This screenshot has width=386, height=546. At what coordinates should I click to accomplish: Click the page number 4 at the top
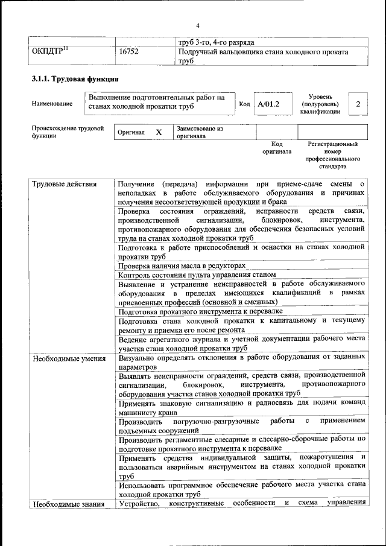[x=197, y=25]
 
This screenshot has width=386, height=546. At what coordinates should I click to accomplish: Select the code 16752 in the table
[x=129, y=52]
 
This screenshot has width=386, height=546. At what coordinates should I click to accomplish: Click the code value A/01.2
[x=268, y=104]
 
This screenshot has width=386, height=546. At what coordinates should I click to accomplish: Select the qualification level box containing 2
[x=358, y=104]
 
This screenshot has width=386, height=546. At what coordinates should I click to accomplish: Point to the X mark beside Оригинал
[x=159, y=132]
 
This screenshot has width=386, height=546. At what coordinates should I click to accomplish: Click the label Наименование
[x=52, y=104]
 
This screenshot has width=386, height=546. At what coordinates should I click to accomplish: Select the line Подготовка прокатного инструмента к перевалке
[x=200, y=311]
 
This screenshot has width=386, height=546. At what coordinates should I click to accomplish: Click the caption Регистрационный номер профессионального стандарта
[x=332, y=155]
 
